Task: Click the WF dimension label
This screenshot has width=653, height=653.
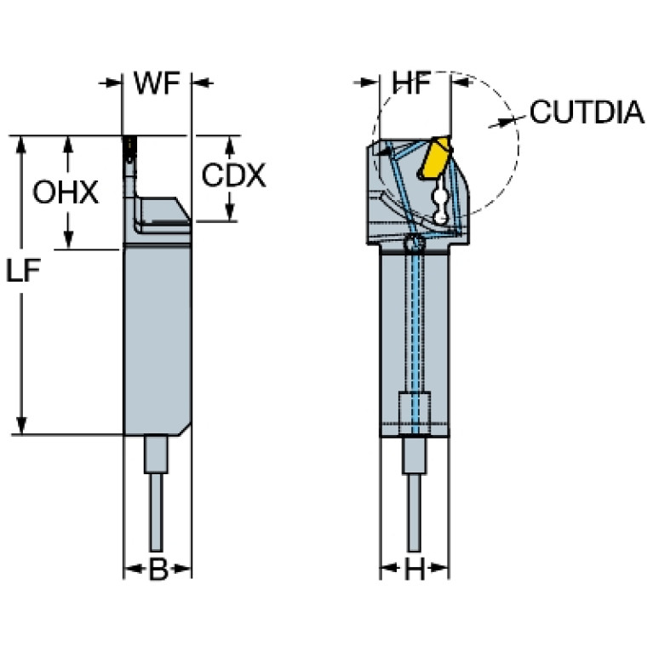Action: click(157, 83)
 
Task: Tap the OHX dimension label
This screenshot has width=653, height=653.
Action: click(65, 192)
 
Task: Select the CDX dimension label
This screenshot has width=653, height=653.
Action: click(233, 176)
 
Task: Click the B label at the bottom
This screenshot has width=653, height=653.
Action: click(158, 570)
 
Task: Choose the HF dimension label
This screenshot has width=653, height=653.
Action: click(413, 83)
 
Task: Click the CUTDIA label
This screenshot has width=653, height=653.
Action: click(587, 112)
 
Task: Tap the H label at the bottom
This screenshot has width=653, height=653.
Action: click(414, 570)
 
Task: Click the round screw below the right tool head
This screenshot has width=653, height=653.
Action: click(414, 244)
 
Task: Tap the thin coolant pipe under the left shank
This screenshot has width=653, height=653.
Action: click(157, 511)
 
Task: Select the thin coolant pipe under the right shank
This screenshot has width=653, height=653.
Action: click(414, 511)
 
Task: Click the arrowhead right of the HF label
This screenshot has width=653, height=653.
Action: click(461, 83)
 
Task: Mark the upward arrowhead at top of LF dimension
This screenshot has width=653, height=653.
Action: click(23, 142)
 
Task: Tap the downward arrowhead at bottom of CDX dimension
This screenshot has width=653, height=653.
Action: click(230, 214)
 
